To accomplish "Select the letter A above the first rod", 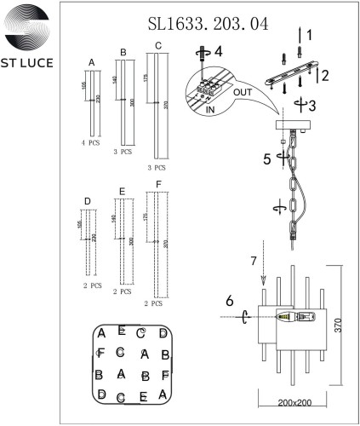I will [x=91, y=62].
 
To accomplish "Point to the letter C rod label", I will [x=158, y=45].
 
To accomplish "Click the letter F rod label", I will [x=158, y=184].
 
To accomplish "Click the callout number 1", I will [x=310, y=36].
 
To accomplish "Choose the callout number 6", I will [x=228, y=301].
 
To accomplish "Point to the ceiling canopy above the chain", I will [x=292, y=129].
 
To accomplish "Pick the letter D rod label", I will [x=88, y=201].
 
